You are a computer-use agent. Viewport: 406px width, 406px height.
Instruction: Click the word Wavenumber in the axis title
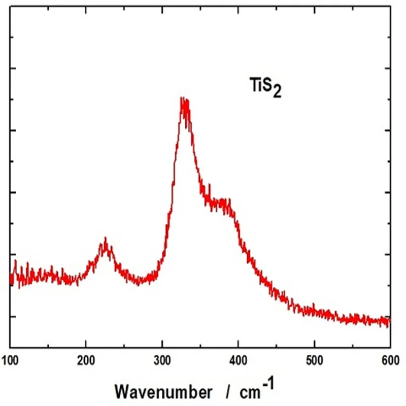pos(164,392)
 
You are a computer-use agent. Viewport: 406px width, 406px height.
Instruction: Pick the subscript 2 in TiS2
pos(277,92)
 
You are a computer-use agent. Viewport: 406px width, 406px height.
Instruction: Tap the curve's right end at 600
pos(389,322)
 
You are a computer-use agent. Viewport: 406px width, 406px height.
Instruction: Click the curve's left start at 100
pos(11,277)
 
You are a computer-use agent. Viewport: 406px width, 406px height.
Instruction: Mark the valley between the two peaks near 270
pos(138,282)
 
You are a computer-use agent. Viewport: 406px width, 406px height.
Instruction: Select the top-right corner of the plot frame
pos(390,7)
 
